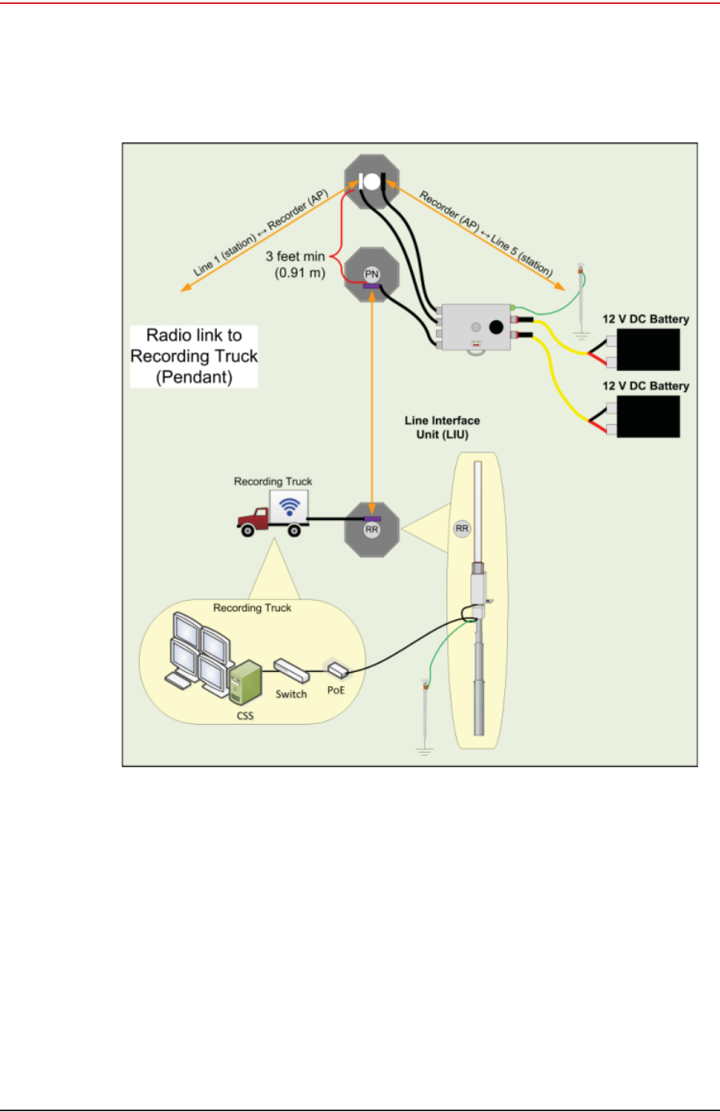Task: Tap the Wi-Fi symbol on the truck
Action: (x=290, y=506)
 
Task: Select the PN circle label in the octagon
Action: (x=372, y=274)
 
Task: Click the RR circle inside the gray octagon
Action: (x=372, y=530)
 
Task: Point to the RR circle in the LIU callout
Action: (x=462, y=528)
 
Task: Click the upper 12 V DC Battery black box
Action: (x=647, y=349)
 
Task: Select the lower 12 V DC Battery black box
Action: (x=647, y=416)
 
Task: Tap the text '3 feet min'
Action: (x=295, y=257)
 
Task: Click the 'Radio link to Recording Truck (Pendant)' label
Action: (x=194, y=356)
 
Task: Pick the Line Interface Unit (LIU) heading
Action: (x=442, y=427)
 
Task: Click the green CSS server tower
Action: (x=246, y=682)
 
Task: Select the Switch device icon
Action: (x=290, y=669)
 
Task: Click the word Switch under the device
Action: (x=291, y=694)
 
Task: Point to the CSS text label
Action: (x=246, y=715)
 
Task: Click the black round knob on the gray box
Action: (x=496, y=326)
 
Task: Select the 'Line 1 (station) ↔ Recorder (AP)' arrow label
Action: (x=262, y=233)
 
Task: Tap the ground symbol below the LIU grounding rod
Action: (x=424, y=751)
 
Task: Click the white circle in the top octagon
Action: (x=372, y=182)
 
